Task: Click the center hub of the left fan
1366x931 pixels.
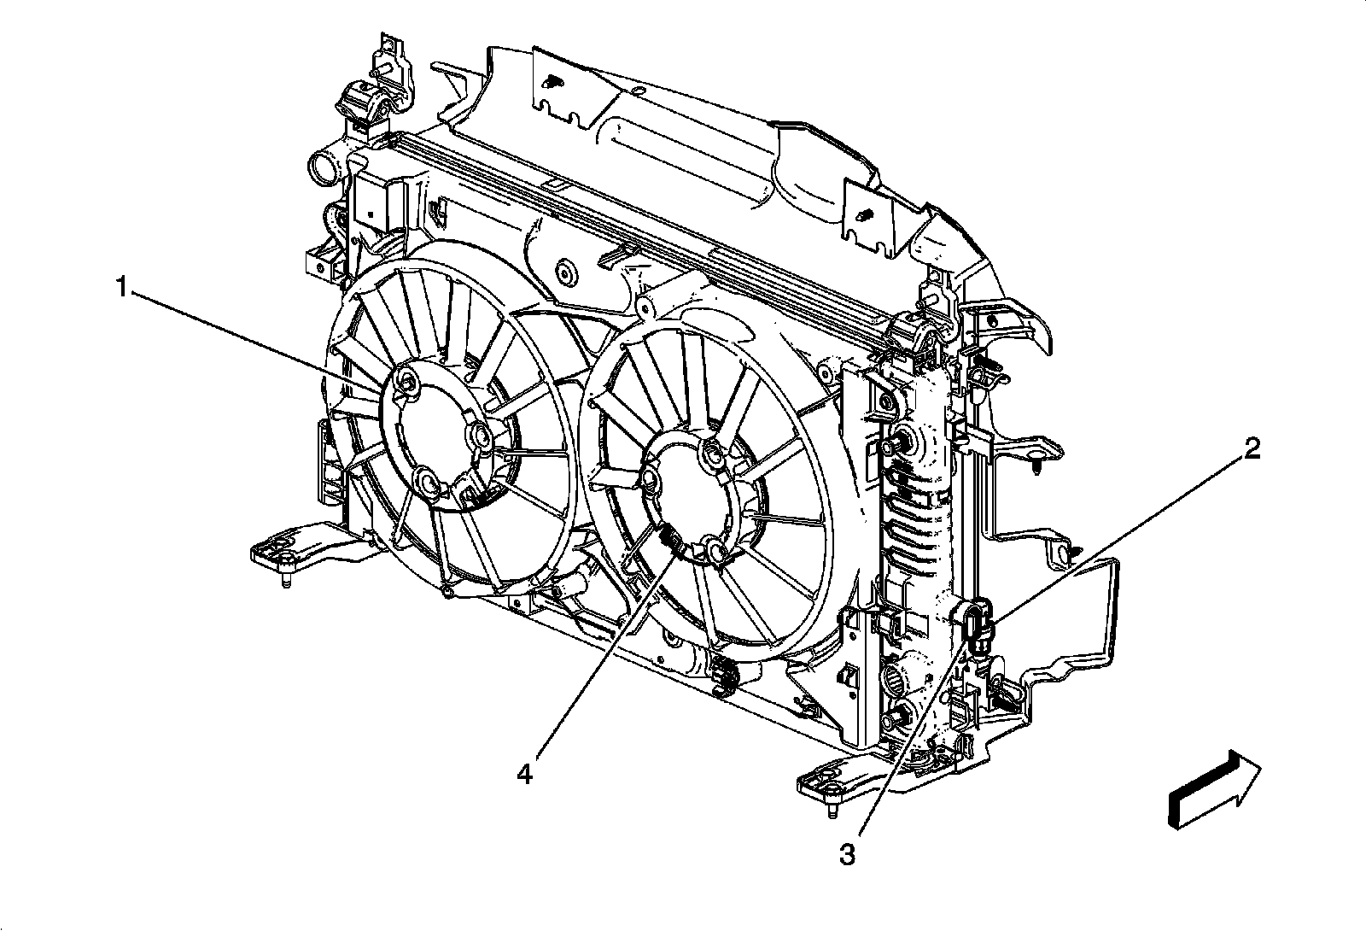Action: tap(431, 439)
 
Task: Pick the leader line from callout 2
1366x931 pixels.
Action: tap(1118, 535)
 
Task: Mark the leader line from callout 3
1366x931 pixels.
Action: tap(914, 735)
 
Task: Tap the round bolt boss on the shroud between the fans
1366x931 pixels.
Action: tap(563, 274)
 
